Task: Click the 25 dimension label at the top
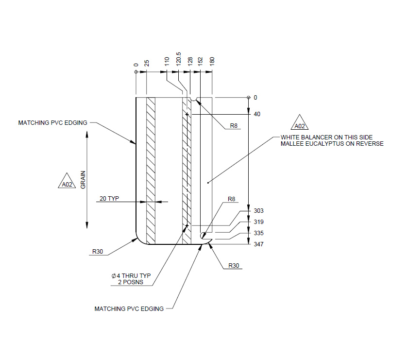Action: click(147, 63)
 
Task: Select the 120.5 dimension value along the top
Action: click(178, 59)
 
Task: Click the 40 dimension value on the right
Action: click(257, 115)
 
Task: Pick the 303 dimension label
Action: click(258, 211)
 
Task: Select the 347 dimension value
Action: click(258, 244)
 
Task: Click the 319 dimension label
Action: click(258, 222)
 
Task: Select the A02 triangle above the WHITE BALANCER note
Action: click(300, 124)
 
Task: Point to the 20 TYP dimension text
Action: click(109, 198)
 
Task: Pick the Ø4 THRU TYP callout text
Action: click(131, 276)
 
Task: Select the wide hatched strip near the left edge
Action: click(151, 170)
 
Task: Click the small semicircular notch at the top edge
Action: click(194, 99)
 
